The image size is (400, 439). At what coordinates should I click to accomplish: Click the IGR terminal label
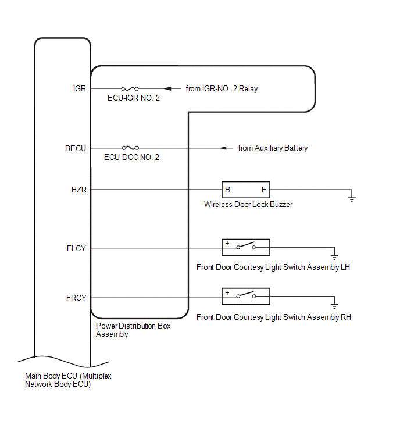[x=80, y=88]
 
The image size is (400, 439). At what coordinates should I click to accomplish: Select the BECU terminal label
[x=76, y=148]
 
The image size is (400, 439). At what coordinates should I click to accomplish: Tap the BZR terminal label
[x=79, y=190]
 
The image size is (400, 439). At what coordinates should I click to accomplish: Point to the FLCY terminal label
[x=76, y=248]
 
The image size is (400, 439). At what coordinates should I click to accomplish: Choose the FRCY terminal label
[x=76, y=298]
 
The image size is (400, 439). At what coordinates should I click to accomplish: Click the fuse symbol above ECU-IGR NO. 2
[x=130, y=89]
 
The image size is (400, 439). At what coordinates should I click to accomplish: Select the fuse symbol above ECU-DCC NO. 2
[x=130, y=148]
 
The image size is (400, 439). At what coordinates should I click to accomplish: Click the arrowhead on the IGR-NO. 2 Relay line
[x=167, y=88]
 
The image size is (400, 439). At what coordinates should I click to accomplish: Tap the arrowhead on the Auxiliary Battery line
[x=223, y=148]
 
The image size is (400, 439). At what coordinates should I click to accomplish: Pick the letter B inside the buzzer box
[x=227, y=190]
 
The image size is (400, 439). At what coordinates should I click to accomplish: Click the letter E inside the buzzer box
[x=264, y=190]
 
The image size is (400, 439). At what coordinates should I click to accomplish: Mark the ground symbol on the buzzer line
[x=352, y=199]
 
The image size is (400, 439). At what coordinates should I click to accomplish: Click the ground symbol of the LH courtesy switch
[x=334, y=258]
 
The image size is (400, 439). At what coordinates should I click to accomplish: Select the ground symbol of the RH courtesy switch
[x=334, y=306]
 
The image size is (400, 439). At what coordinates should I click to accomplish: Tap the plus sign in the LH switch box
[x=227, y=243]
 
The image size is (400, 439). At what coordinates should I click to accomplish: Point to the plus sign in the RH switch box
[x=227, y=292]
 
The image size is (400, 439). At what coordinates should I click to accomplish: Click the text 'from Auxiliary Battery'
[x=273, y=148]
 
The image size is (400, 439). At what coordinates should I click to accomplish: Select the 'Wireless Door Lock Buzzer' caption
[x=248, y=204]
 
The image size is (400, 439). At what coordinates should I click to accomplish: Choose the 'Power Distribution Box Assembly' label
[x=133, y=330]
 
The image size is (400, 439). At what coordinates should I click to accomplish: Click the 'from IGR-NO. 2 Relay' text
[x=222, y=88]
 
